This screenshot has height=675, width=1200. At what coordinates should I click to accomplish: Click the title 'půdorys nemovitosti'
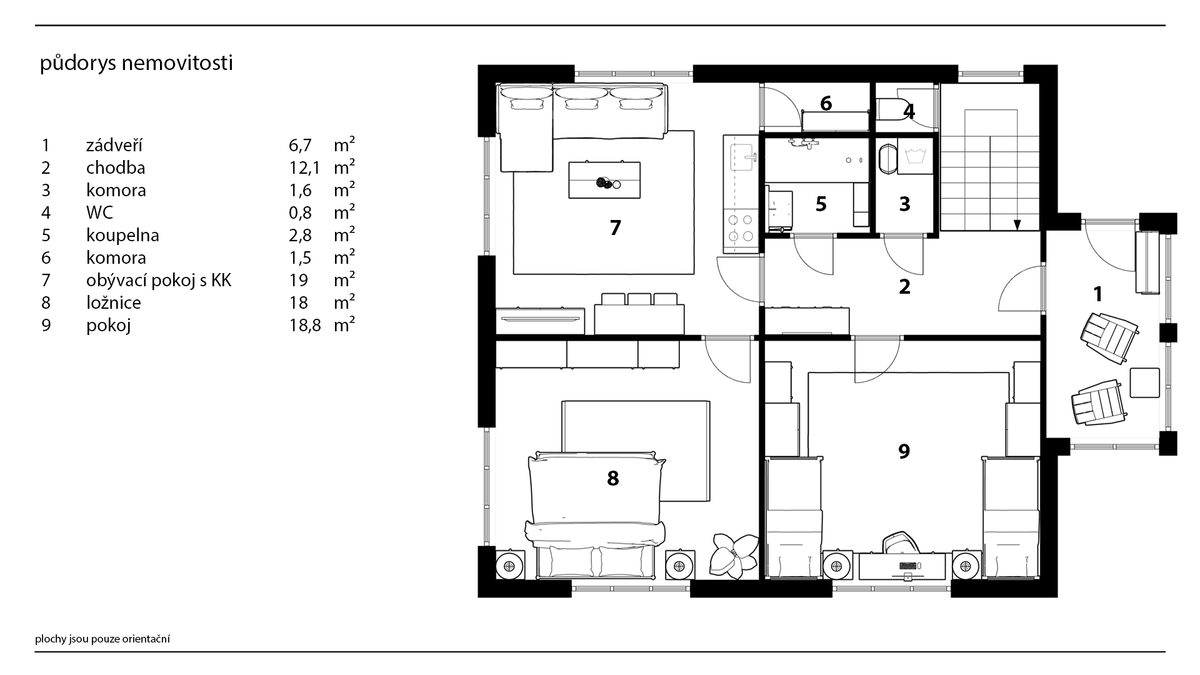(136, 64)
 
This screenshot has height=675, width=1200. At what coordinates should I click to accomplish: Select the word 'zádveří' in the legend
(114, 145)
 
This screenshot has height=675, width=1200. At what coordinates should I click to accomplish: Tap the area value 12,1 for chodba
(304, 167)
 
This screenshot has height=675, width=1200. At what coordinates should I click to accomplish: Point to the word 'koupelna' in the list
(122, 236)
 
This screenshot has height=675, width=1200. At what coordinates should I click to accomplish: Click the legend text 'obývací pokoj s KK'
(159, 281)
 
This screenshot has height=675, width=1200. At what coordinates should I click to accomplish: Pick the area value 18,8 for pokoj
(305, 325)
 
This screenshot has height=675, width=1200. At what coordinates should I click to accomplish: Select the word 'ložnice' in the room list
(114, 303)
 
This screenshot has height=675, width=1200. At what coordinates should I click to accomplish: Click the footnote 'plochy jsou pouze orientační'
(102, 639)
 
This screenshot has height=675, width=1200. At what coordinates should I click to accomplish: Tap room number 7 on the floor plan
(615, 228)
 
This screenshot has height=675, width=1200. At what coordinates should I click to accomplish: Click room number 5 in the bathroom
(821, 204)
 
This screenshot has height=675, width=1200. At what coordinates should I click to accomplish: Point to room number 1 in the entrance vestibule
(1097, 294)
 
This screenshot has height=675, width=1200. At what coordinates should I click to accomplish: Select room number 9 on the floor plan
(904, 451)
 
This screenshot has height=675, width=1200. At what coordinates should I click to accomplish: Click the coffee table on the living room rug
(604, 180)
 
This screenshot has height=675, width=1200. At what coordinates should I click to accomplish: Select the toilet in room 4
(889, 109)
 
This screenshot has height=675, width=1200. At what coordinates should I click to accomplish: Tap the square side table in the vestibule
(1144, 382)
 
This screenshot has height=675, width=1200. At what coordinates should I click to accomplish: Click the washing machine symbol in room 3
(914, 156)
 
